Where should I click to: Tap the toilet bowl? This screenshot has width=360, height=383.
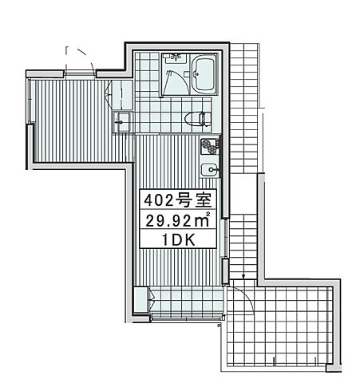coord(194,120)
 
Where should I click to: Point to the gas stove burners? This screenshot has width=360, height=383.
coord(210,146)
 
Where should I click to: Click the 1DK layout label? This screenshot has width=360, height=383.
coord(178,238)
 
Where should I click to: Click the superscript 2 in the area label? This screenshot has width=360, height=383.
coord(208,214)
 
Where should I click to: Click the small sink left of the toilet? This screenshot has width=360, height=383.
coord(125,123)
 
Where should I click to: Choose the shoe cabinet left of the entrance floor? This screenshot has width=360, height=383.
coord(144,302)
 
